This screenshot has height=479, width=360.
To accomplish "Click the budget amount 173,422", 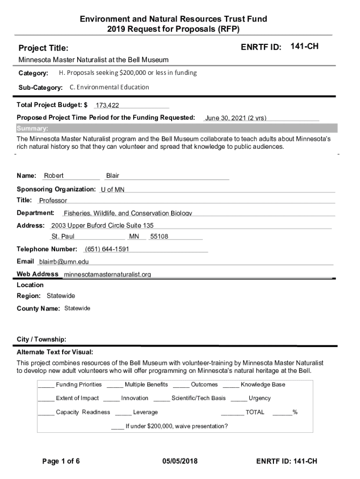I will tap(107, 106).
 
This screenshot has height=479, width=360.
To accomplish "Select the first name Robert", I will tap(54, 176).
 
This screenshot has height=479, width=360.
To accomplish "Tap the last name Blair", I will tap(113, 176).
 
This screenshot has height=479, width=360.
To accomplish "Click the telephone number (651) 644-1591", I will tap(107, 249).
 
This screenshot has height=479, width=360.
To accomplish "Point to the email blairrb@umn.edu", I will tap(64, 262).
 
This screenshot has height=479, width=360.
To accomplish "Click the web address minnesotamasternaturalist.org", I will tap(107, 275).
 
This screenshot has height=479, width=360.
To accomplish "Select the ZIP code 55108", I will tap(159, 237).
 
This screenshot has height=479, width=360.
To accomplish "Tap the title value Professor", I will tap(53, 201).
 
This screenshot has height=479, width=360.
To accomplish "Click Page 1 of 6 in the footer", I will tap(61, 461).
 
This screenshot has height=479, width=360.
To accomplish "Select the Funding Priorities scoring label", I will tap(79, 385).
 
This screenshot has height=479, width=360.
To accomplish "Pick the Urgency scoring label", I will tap(259, 398).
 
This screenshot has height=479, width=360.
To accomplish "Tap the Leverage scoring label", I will tap(145, 412).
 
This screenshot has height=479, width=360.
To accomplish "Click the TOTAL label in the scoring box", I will tap(255, 412).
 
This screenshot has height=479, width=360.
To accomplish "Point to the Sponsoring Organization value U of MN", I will tap(113, 189).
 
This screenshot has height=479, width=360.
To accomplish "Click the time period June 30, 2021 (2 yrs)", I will tap(236, 118).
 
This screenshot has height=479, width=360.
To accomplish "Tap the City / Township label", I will tap(42, 339).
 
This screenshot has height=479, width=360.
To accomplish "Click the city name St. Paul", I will tap(63, 237).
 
